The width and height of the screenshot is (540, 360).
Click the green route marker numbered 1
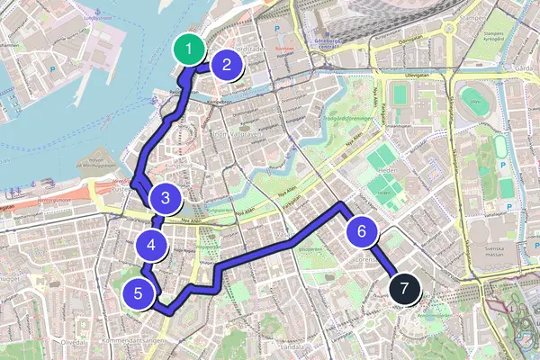tap(188, 49)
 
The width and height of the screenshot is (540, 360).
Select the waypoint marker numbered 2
tap(227, 64)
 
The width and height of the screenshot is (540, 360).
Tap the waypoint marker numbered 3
tap(166, 197)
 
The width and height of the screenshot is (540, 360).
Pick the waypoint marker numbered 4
tap(151, 243)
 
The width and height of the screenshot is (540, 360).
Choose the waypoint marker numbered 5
tap(138, 292)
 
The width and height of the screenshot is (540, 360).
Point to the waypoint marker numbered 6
tap(361, 231)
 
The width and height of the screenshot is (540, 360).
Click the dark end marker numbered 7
tap(404, 290)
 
